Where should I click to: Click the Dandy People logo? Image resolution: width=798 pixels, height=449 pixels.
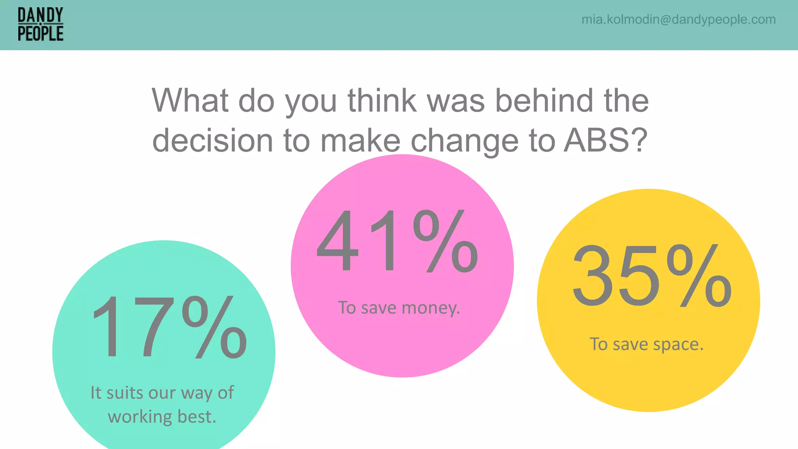click(x=41, y=25)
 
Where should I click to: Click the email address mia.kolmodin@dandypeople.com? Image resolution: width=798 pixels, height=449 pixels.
click(x=678, y=19)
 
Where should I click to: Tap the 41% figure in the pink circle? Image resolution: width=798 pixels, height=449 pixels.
click(x=397, y=241)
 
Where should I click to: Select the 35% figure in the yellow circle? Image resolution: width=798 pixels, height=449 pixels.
click(x=651, y=276)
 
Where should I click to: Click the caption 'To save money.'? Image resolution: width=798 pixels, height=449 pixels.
click(x=399, y=308)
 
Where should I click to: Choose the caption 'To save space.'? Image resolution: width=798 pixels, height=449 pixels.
click(x=646, y=344)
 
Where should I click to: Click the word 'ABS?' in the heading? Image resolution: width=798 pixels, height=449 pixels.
click(x=606, y=140)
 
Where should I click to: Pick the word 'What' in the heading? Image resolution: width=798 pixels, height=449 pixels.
click(x=190, y=101)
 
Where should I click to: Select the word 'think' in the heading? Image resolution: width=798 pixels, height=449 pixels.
click(x=382, y=101)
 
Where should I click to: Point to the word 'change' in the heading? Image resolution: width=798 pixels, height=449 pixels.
click(x=464, y=141)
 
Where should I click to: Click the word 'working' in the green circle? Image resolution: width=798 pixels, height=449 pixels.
click(x=140, y=417)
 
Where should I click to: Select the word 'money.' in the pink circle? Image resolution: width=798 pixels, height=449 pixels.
click(x=431, y=308)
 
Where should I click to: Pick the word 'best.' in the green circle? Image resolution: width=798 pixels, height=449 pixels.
click(x=197, y=417)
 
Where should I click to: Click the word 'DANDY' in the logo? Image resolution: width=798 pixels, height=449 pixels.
click(x=41, y=16)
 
